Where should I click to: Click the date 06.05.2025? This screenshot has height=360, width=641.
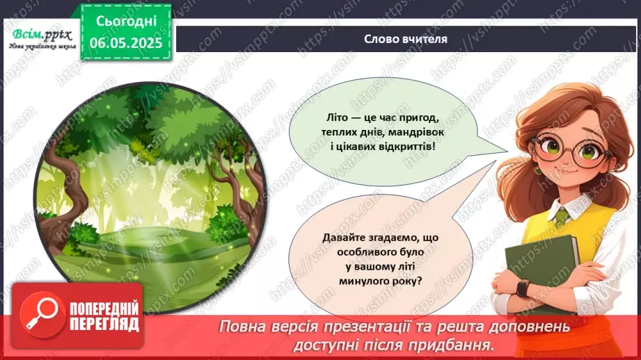coord(125,42)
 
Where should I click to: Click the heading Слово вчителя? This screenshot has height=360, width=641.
coord(405,39)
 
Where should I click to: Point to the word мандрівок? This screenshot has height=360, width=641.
coord(427,133)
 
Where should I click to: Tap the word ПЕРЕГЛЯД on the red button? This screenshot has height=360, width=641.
coord(104,324)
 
